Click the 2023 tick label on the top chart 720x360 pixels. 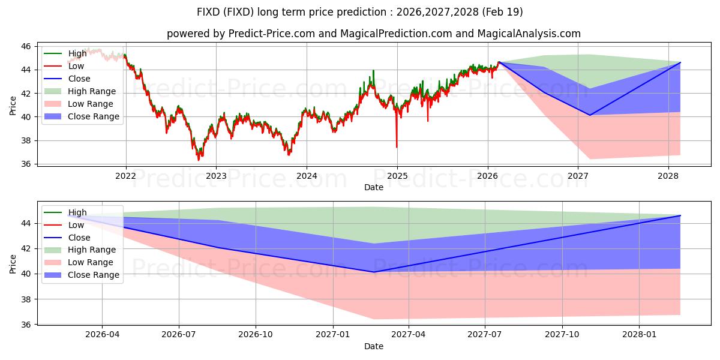pos(216,176)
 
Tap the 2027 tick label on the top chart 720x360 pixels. pos(578,176)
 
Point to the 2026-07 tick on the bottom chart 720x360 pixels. pos(179,334)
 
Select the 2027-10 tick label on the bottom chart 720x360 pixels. pos(562,334)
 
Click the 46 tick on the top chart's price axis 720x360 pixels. pos(26,47)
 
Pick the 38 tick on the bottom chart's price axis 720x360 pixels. pos(26,299)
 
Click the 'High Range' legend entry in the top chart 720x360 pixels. pos(80,91)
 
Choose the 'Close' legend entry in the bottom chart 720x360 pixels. pos(67,238)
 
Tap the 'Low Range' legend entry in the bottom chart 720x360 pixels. pos(79,262)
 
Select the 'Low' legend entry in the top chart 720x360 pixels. pos(64,66)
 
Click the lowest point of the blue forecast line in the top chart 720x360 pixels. pos(590,115)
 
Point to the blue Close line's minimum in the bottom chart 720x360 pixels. pos(374,272)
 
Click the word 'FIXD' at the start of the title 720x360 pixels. pos(208,12)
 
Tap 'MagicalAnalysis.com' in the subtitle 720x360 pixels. pos(529,34)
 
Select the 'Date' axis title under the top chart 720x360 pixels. pos(373,187)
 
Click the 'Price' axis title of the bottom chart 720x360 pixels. pos(13,264)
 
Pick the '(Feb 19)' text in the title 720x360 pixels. pos(502,12)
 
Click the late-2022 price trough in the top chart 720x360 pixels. pos(199,160)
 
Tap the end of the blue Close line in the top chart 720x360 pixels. pos(680,62)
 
